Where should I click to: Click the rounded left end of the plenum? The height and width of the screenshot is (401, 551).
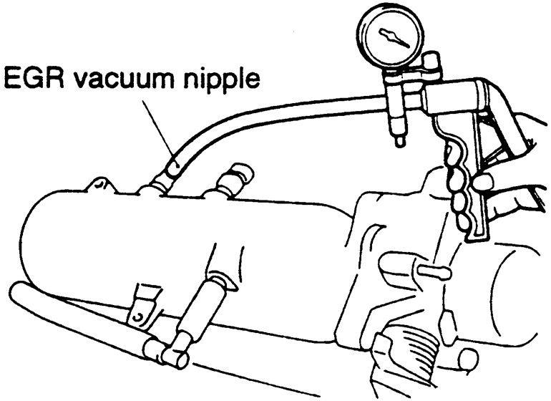click(36, 236)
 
